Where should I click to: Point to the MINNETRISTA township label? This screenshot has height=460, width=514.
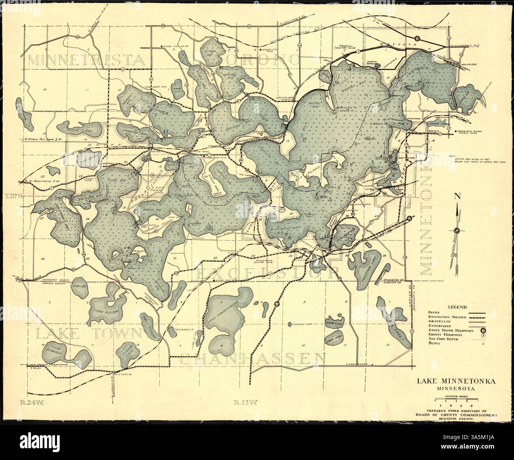[x=85, y=60]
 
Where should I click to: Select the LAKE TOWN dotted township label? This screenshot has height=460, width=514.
[x=88, y=333]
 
